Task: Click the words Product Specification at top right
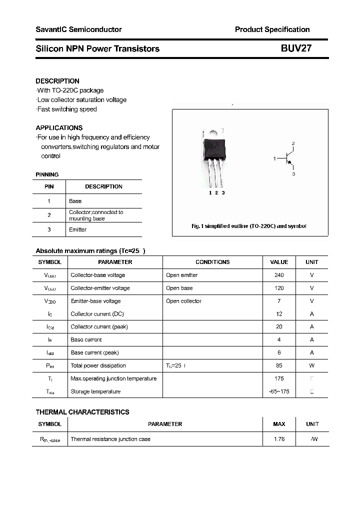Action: (x=272, y=29)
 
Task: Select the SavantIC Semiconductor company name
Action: (x=78, y=29)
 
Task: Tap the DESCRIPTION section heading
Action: (x=57, y=81)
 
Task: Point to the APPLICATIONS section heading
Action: (x=59, y=128)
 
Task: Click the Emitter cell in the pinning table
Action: (x=77, y=229)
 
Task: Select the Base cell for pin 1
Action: (x=75, y=201)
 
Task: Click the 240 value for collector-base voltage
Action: (x=279, y=275)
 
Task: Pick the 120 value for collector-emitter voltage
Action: (x=279, y=288)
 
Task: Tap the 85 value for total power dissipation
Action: (x=279, y=365)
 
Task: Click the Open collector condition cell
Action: (x=183, y=301)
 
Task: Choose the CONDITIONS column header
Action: (x=212, y=262)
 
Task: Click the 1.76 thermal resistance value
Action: (x=279, y=439)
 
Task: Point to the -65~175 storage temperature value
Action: (x=279, y=391)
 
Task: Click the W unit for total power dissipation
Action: (x=312, y=365)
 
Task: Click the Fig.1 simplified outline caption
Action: (x=248, y=226)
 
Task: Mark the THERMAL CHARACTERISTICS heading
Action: (x=82, y=412)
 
